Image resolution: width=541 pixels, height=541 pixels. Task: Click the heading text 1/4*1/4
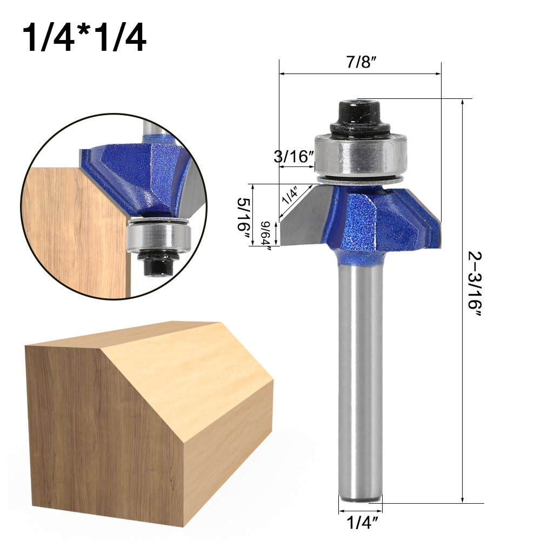[x=84, y=38]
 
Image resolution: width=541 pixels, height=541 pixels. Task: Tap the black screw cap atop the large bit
[x=359, y=115]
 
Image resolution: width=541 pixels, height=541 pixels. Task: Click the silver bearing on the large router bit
[x=359, y=154]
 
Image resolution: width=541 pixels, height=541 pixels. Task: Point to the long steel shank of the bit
[x=360, y=378]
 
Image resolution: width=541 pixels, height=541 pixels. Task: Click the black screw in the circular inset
[x=157, y=264]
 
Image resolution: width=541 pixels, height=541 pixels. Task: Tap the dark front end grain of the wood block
[x=103, y=427]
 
